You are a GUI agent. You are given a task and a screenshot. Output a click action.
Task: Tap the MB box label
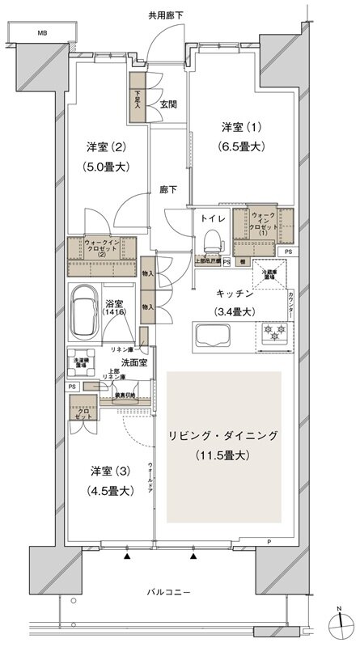[41, 34]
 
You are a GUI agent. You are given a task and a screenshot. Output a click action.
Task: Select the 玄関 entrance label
[168, 104]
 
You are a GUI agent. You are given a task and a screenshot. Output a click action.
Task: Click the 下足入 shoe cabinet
[138, 98]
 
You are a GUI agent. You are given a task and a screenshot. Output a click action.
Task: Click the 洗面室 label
[121, 363]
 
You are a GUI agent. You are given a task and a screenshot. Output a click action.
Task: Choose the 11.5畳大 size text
[223, 456]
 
